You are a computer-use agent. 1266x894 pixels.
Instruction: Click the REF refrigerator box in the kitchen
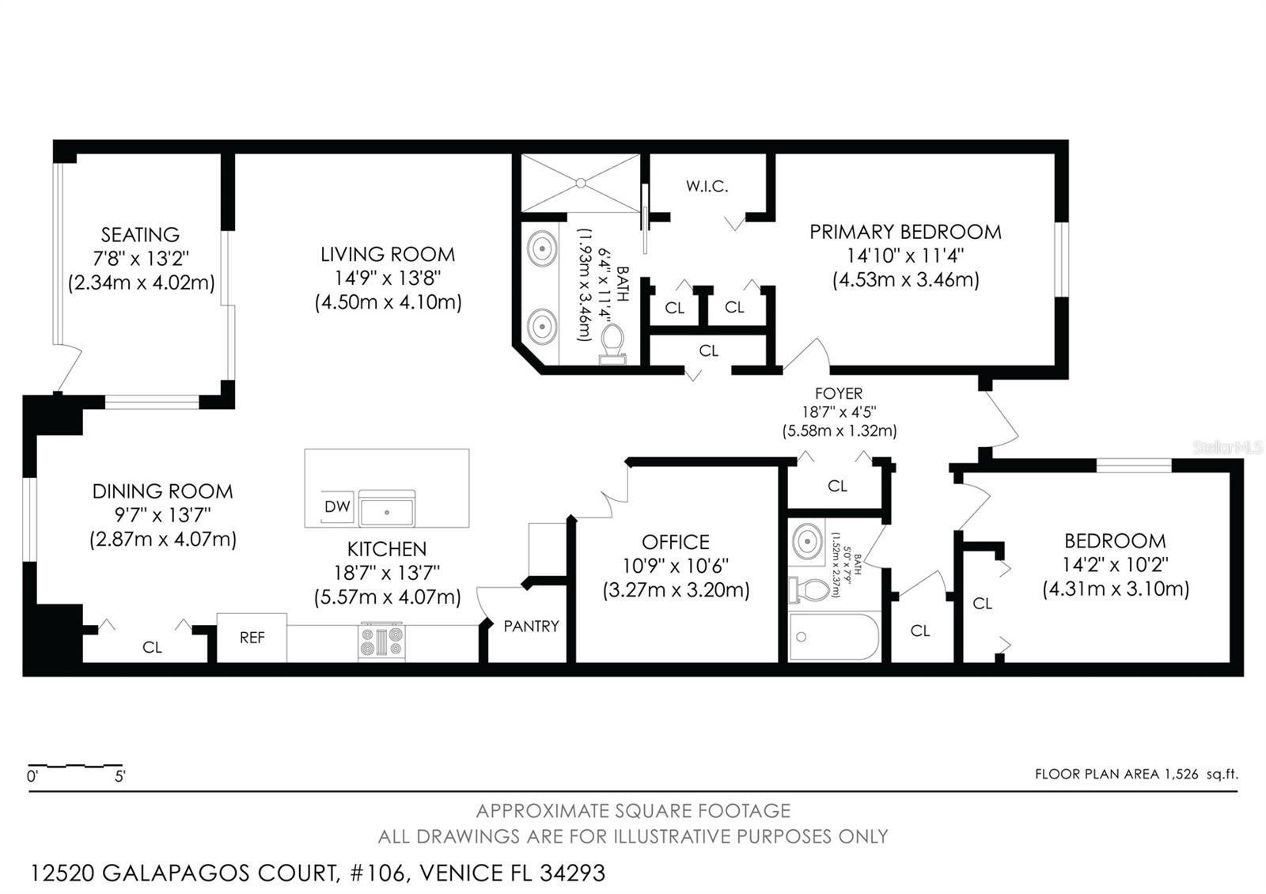(x=252, y=638)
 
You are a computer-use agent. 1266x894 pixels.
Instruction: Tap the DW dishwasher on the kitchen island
(x=337, y=506)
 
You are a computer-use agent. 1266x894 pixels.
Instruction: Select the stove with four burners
(x=381, y=642)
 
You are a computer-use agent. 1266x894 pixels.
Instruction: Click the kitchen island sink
(x=387, y=508)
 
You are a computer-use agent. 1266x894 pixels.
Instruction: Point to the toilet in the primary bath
(x=612, y=343)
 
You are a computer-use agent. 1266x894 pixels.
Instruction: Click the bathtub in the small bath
(x=834, y=637)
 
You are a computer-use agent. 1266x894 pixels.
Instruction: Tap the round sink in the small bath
(x=807, y=541)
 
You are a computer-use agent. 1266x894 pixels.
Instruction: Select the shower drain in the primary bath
(x=581, y=183)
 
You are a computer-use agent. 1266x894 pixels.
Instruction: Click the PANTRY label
(x=531, y=626)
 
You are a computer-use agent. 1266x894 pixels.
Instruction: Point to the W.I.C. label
(x=707, y=186)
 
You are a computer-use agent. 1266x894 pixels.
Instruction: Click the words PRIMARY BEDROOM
(x=905, y=232)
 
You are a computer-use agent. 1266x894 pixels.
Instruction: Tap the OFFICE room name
(x=676, y=542)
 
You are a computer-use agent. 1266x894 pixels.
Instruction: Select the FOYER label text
(x=839, y=393)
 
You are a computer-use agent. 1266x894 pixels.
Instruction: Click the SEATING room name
(x=140, y=234)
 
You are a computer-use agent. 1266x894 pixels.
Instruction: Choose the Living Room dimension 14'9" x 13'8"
(x=388, y=278)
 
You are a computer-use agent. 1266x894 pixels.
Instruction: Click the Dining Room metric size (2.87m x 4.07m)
(x=163, y=539)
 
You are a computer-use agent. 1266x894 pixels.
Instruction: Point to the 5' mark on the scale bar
(x=119, y=776)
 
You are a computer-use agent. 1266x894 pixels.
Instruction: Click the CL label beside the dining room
(x=152, y=647)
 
